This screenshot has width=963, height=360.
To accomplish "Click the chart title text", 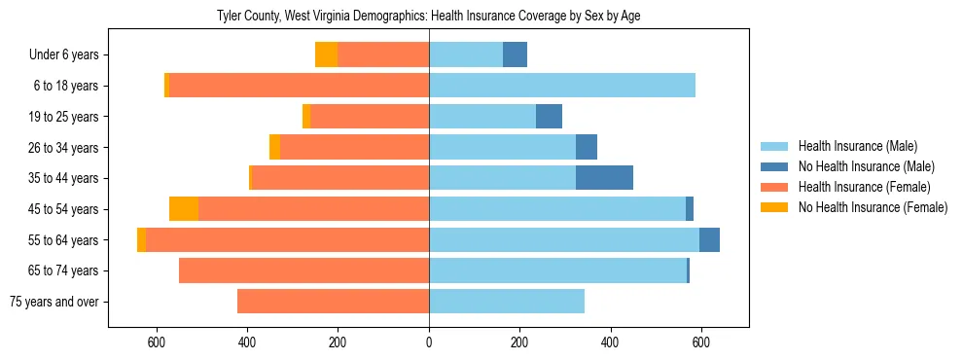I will [428, 16].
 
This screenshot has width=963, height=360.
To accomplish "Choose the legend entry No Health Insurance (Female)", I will [872, 207].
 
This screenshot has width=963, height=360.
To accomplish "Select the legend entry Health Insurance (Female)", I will [864, 187].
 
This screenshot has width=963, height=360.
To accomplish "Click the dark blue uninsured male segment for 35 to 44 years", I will [604, 178].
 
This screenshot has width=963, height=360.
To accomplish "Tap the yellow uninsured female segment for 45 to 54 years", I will [184, 209].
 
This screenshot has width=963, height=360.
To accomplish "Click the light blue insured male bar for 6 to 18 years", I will [562, 86].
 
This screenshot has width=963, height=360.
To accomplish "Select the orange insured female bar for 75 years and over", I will [333, 302].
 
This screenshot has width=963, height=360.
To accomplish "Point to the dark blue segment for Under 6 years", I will [515, 55].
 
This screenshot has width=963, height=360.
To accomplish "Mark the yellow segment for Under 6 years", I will [326, 55].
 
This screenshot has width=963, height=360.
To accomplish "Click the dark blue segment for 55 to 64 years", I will [709, 239].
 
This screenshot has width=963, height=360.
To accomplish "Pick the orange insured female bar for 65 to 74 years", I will [303, 270].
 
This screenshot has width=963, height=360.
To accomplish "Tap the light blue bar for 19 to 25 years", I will [482, 117].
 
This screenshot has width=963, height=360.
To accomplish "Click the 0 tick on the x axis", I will [429, 342].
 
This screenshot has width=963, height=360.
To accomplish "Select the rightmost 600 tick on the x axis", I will [700, 342].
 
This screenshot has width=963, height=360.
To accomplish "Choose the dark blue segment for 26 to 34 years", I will [587, 148].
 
